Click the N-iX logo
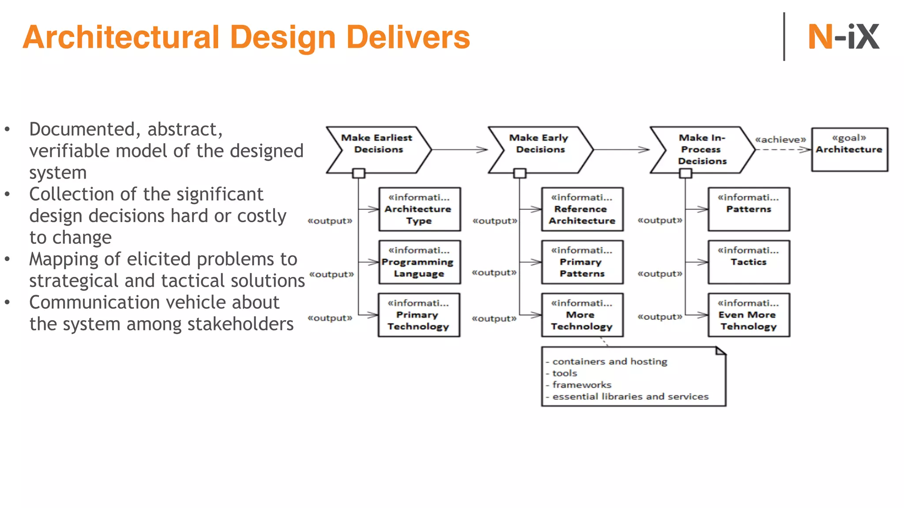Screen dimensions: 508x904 843,37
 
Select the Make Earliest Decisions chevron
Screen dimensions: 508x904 378,149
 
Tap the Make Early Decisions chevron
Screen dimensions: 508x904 540,149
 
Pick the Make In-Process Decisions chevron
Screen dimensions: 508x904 702,149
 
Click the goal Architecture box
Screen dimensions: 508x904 849,149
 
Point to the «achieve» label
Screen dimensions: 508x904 780,139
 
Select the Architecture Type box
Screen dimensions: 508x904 419,209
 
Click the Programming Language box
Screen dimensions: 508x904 419,262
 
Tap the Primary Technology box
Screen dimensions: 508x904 418,315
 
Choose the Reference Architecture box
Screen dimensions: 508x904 582,209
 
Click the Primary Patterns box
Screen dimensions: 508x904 582,262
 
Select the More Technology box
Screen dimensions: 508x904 582,315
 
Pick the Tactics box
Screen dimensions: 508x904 749,262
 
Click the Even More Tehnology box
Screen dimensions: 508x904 749,315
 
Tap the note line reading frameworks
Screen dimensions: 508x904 582,385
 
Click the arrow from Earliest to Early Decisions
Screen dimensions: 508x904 459,149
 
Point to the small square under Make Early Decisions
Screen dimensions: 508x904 520,173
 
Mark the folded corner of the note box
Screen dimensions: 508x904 720,351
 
